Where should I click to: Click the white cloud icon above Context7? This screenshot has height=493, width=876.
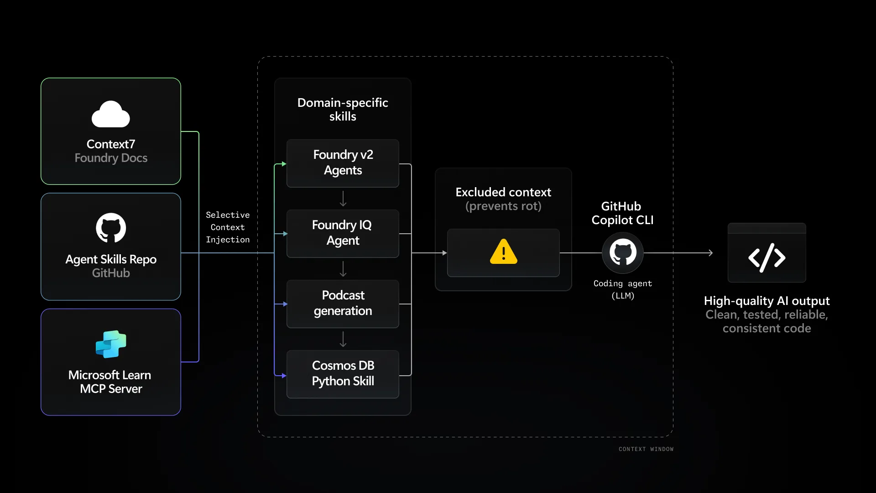[111, 114]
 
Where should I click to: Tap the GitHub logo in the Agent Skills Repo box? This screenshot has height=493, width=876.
[111, 228]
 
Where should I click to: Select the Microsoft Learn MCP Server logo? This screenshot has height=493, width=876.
[111, 344]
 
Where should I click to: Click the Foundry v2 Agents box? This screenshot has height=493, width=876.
[343, 163]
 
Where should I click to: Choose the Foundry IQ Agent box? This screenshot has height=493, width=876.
[343, 233]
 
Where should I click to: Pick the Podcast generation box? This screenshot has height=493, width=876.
[343, 304]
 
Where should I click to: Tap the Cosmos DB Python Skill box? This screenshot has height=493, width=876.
[343, 374]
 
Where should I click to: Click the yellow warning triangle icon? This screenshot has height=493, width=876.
[503, 252]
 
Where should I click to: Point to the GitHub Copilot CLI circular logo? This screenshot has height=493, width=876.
[623, 252]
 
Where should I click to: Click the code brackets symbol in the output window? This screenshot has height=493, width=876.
[766, 258]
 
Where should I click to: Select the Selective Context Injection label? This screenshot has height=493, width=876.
[228, 227]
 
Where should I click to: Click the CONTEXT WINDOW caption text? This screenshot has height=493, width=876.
[646, 449]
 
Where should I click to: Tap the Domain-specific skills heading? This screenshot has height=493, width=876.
[343, 110]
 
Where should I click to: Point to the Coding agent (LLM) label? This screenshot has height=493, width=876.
[623, 289]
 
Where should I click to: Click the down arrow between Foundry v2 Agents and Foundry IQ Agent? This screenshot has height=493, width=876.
[343, 199]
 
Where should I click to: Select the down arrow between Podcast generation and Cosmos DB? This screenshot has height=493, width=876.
[343, 340]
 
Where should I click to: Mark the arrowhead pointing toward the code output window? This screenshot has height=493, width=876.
[710, 252]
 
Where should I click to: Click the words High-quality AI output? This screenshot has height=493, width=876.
[766, 301]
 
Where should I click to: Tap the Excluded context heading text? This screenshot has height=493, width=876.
[503, 192]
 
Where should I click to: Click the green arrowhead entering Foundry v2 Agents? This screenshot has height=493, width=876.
[284, 164]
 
